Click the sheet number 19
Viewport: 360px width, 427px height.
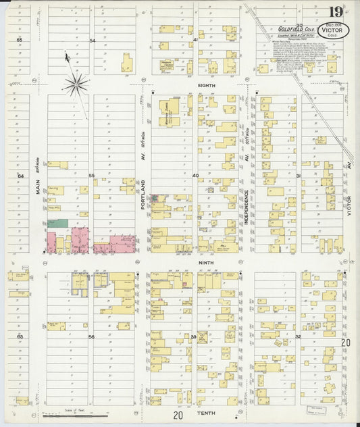point(335,11)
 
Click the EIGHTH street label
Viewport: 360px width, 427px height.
point(207,84)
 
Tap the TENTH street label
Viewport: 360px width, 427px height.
point(206,412)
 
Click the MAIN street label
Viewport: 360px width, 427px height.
point(38,182)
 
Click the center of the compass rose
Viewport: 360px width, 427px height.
point(76,84)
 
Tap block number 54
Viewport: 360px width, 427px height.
point(91,41)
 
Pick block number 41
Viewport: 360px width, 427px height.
point(195,41)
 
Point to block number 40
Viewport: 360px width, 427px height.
point(195,176)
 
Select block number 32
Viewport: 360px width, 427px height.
point(297,336)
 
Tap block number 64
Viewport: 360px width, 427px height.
point(20,176)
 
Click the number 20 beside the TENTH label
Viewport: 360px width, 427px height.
point(178,416)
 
